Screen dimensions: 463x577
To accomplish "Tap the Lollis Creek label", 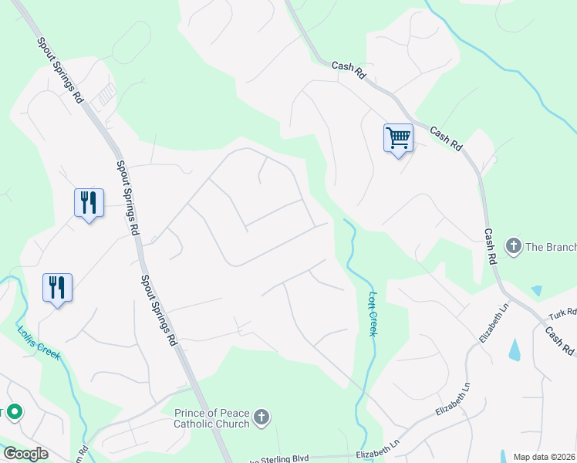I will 39,343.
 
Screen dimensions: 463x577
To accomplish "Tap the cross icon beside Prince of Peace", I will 262,417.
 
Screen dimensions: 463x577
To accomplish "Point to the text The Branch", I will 551,247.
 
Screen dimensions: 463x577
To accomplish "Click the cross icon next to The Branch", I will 514,246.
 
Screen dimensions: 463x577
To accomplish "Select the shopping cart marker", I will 398,138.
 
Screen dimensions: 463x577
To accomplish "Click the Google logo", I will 25,454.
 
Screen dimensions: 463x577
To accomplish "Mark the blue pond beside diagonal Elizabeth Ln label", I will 515,349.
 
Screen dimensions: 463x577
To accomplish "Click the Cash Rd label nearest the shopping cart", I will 445,139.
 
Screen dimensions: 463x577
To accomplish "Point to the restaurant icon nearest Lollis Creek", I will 57,288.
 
